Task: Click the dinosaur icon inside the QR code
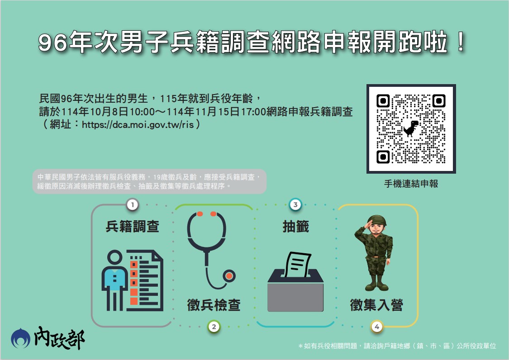click(x=411, y=129)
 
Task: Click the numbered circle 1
click(x=132, y=205)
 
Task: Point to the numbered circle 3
click(x=295, y=205)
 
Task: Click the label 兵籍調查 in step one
click(x=132, y=227)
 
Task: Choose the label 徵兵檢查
click(x=214, y=305)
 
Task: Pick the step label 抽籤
click(x=295, y=227)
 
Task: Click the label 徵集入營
click(x=376, y=305)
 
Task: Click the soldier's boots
click(x=376, y=285)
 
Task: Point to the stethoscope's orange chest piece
click(x=230, y=275)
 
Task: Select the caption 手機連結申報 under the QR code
click(x=411, y=184)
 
